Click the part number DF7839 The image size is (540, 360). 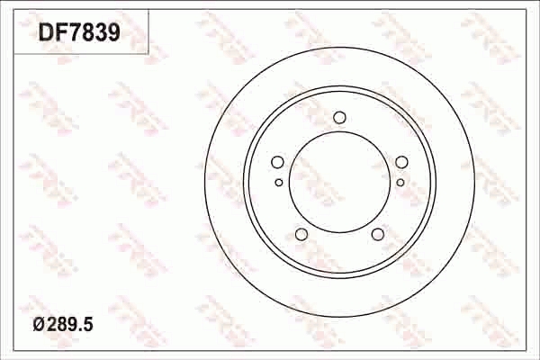coord(78,33)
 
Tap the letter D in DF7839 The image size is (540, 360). coord(45,33)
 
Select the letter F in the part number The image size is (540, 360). coord(59,33)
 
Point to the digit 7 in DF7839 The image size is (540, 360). coord(73,33)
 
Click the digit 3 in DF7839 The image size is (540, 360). coord(100,33)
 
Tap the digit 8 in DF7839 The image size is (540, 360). coord(86,33)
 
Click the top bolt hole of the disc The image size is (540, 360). coord(339,117)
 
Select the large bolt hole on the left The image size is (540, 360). coord(277,162)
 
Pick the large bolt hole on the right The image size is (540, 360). coord(401,162)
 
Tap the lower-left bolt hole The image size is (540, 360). coord(301,235)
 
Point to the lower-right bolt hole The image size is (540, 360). coord(378,235)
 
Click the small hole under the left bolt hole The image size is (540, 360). coord(278,182)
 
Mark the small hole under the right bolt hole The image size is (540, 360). coord(400,182)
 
